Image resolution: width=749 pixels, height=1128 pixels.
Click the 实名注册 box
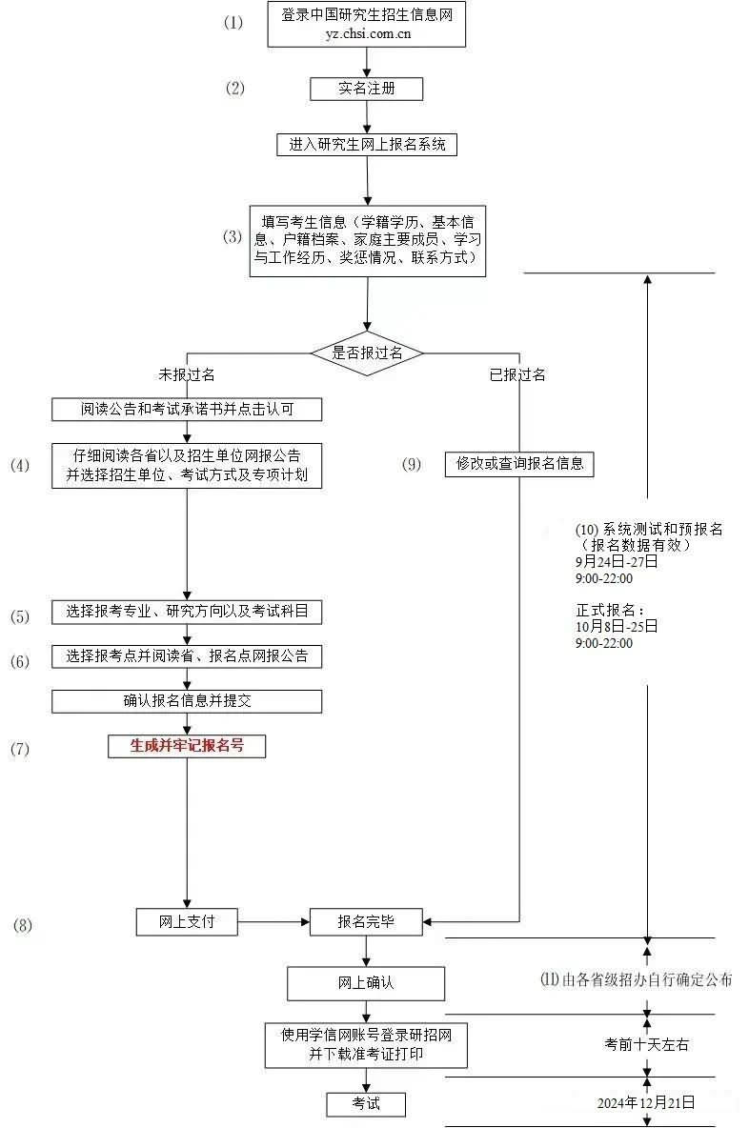366,89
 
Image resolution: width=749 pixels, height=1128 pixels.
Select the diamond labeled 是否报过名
367,353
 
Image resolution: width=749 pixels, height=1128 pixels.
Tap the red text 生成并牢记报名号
187,746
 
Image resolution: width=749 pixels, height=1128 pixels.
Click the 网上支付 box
187,921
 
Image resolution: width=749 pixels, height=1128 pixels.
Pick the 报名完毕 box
366,921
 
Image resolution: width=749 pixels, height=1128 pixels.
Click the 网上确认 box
366,983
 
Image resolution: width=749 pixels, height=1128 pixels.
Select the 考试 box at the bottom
366,1103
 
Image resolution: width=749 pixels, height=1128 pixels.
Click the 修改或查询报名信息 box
519,463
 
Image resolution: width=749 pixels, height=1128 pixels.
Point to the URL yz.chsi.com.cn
369,33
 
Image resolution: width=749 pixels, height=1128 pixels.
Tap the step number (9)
412,464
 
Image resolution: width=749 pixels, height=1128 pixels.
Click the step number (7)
20,749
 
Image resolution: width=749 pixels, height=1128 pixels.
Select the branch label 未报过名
187,374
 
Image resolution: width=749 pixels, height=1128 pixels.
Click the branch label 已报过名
518,374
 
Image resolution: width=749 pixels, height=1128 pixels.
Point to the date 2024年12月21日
646,1102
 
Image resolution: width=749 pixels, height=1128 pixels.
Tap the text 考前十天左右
647,1044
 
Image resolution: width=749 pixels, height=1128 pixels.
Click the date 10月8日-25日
617,627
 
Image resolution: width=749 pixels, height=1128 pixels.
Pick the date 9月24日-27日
617,562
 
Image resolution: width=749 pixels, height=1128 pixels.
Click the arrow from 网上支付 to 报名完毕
274,921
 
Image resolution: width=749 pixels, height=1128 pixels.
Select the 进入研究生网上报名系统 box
367,145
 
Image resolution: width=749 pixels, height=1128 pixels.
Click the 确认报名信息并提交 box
187,701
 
